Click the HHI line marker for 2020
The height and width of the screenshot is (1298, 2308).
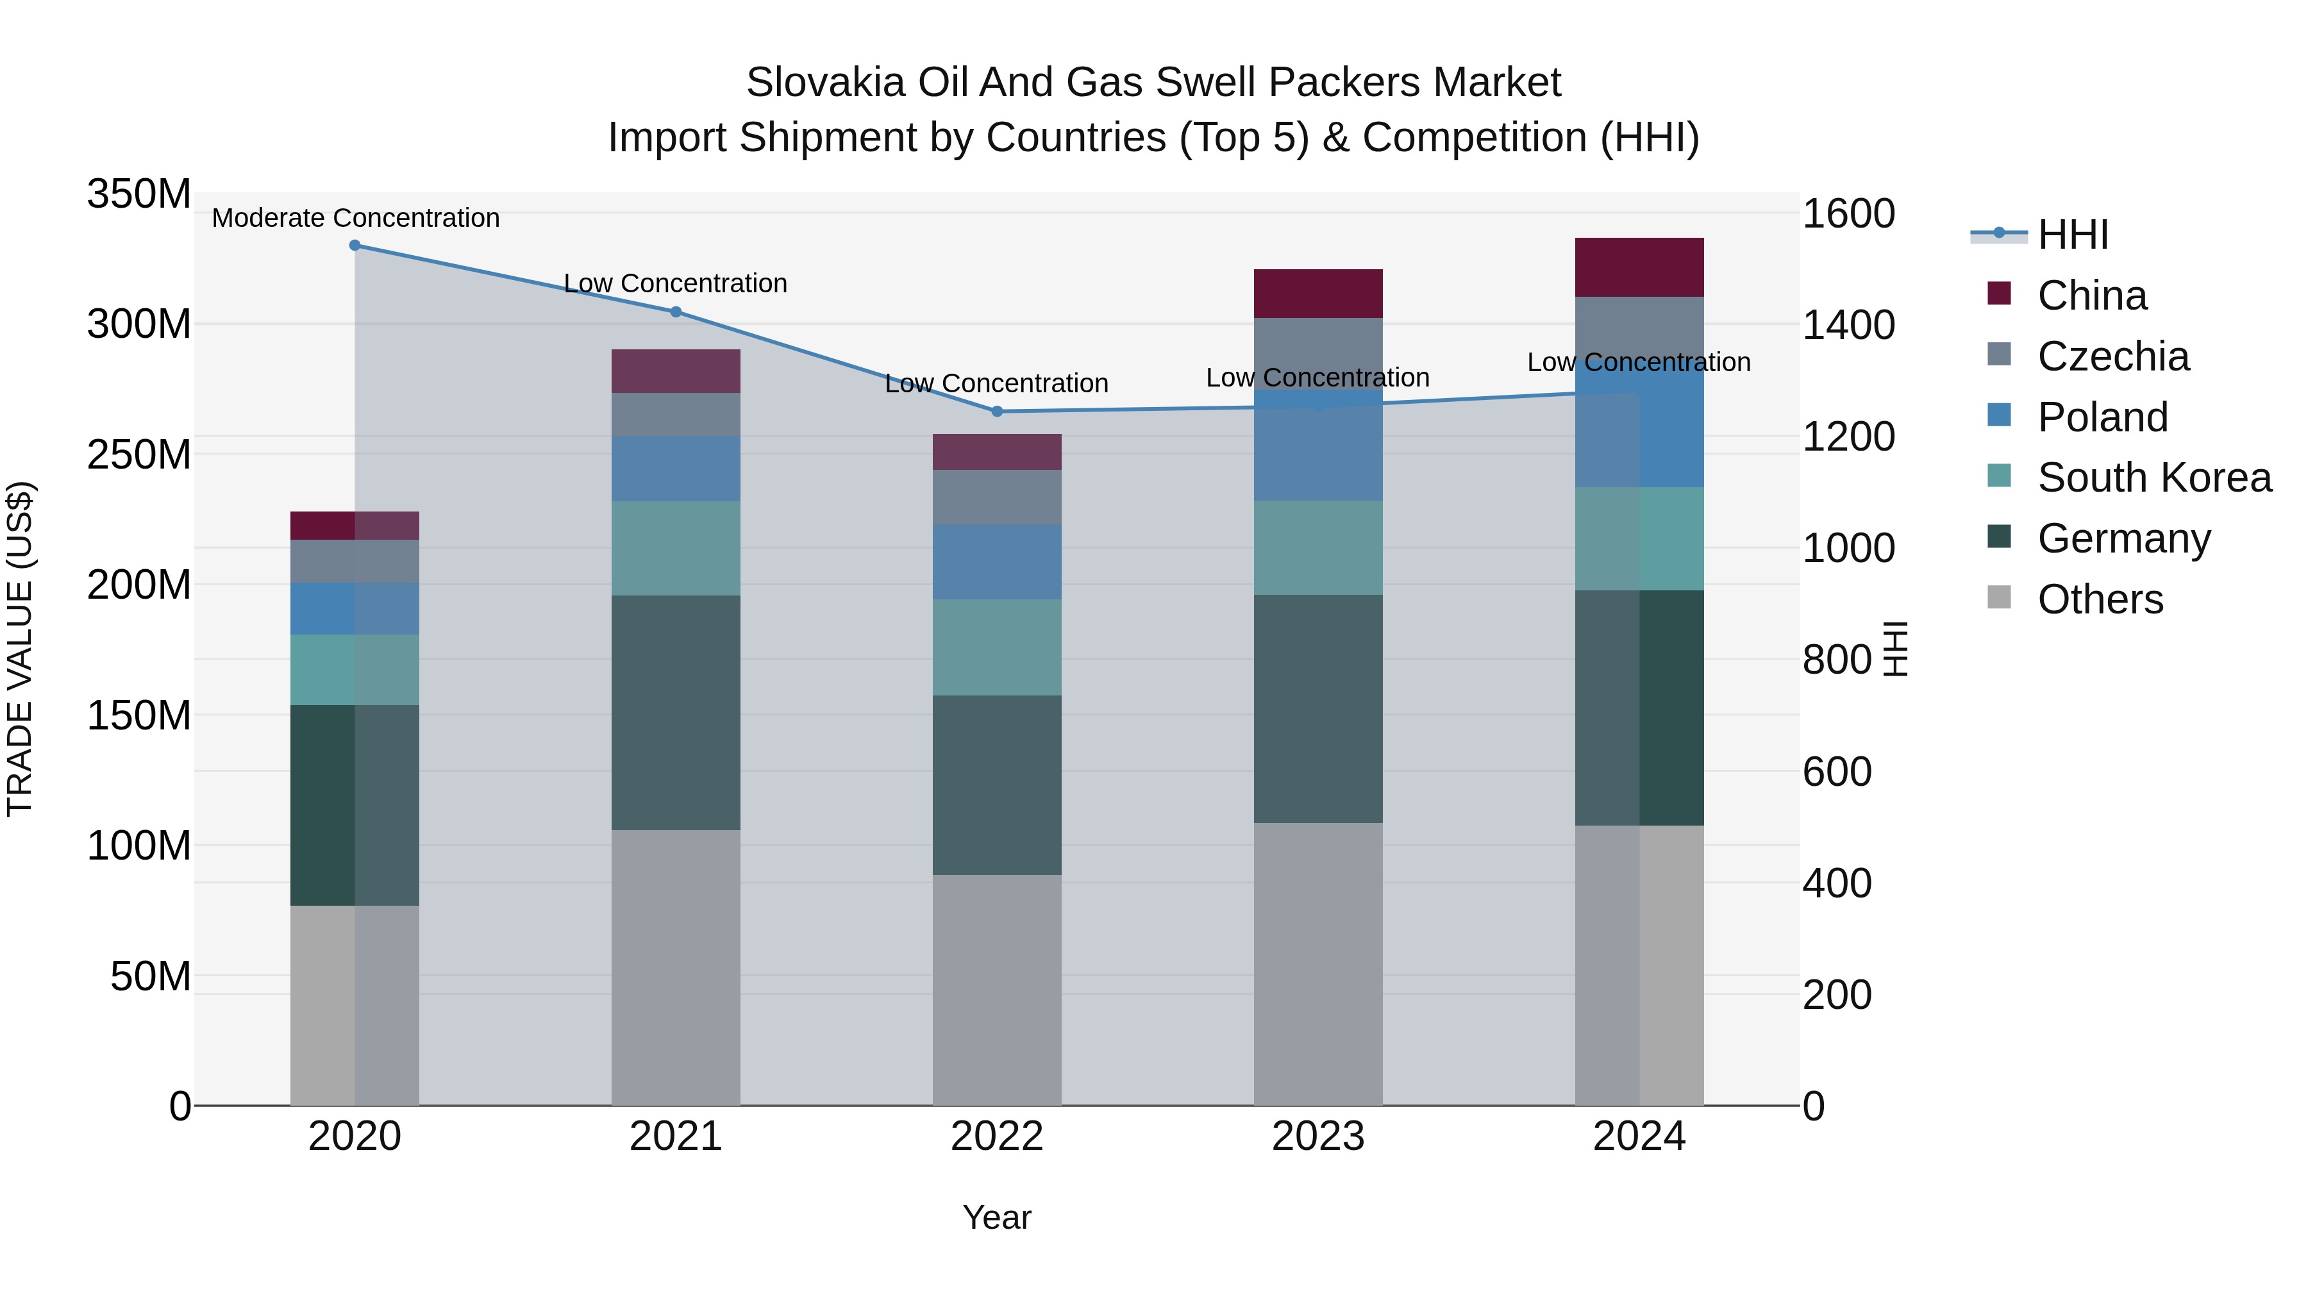pos(355,245)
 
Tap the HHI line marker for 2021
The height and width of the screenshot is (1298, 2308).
pos(676,312)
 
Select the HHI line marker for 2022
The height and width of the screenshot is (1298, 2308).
pos(997,411)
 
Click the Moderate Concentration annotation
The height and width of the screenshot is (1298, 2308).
pos(356,219)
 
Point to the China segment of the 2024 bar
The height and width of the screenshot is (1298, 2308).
pos(1639,267)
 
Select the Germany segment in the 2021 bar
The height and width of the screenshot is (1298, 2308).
pos(676,712)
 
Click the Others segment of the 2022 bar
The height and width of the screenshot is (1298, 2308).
pos(997,990)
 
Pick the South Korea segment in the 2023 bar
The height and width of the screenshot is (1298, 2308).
pos(1318,547)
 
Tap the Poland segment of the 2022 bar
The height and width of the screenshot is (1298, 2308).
pos(997,562)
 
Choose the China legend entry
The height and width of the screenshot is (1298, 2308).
pos(2091,295)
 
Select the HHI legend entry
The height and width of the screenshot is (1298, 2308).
pos(2072,235)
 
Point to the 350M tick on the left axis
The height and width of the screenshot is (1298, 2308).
pos(139,194)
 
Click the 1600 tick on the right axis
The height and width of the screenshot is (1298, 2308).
pos(1848,214)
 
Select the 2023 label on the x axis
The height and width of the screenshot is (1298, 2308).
pos(1318,1136)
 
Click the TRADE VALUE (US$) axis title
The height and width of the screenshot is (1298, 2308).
pos(20,649)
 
